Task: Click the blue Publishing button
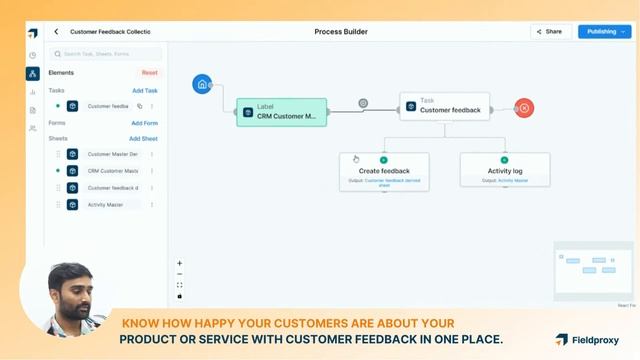point(604,31)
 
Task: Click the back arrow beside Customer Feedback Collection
point(56,32)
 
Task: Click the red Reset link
point(149,72)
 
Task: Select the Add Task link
point(145,90)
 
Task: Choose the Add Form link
point(145,123)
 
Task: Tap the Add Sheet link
point(143,139)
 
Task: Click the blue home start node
point(203,84)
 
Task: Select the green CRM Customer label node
point(281,112)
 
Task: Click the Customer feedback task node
point(444,106)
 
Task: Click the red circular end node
point(524,108)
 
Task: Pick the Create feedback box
point(384,171)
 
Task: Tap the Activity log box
point(505,171)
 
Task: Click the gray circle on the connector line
point(363,103)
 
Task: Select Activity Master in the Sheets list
point(105,205)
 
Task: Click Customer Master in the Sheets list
point(111,154)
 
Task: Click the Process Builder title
point(341,32)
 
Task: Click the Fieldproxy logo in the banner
point(589,339)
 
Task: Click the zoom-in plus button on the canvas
point(180,263)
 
